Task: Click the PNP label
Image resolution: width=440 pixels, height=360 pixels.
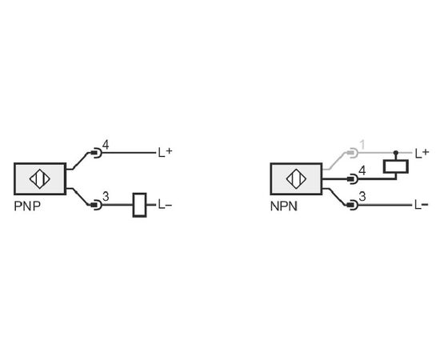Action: tap(27, 206)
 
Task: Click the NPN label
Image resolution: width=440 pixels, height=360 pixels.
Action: tap(284, 206)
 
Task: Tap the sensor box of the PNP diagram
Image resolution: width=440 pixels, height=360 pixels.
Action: tap(40, 178)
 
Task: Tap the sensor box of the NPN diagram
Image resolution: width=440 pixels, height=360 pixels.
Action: tap(296, 178)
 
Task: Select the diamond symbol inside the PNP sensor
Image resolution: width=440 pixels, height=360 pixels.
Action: tap(40, 178)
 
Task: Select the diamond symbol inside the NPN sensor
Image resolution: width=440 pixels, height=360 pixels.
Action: tap(296, 178)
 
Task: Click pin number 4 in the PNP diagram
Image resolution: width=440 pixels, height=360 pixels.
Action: tap(106, 145)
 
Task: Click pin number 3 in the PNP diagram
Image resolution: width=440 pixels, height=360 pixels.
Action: tap(106, 197)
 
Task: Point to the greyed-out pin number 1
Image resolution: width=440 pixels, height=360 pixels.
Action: tap(362, 145)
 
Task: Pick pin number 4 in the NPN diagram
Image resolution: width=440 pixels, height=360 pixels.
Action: tap(362, 170)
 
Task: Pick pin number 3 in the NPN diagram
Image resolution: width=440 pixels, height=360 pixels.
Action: tap(362, 197)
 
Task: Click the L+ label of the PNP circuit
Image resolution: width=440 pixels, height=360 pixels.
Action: tap(165, 152)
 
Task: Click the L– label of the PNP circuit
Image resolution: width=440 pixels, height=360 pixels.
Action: tap(165, 205)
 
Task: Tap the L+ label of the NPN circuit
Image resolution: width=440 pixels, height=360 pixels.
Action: tap(422, 153)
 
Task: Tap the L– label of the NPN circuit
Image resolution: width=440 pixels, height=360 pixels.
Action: tap(422, 205)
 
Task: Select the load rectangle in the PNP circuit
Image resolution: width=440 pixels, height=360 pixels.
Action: tap(139, 205)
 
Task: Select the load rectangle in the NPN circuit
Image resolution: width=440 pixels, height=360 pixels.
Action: tap(396, 166)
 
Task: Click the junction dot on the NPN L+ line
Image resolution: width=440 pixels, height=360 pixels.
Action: tap(396, 153)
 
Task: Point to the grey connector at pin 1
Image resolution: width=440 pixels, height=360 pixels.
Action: tap(353, 153)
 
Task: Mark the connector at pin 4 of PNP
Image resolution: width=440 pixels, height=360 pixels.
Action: tap(96, 153)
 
